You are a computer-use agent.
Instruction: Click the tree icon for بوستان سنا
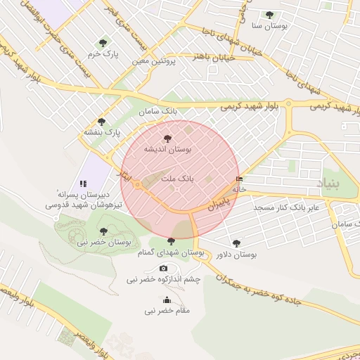tap(269, 15)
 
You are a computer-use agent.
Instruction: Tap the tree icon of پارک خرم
tap(104, 43)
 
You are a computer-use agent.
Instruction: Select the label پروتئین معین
tap(154, 61)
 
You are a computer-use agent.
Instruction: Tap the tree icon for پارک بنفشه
tap(102, 122)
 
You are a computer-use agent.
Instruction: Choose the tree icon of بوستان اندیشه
tap(167, 139)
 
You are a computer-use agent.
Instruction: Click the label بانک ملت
tap(176, 179)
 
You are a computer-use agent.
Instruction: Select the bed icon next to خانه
tap(240, 179)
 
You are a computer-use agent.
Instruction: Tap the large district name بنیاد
tap(340, 186)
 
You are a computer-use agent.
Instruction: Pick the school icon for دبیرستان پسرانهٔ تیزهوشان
tap(84, 184)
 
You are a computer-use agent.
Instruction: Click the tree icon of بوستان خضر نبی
tap(104, 231)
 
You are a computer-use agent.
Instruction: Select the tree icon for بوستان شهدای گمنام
tap(171, 242)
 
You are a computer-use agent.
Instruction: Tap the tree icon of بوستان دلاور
tap(236, 243)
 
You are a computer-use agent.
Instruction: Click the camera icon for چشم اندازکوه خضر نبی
tap(164, 268)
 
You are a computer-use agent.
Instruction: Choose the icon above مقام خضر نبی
tap(167, 300)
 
